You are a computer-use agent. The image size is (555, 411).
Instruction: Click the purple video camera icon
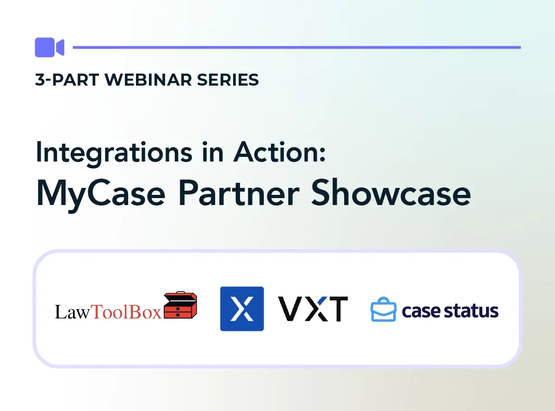pos(49,47)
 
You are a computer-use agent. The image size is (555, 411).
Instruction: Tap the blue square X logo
pos(242,309)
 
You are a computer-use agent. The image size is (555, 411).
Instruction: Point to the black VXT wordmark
pos(313,309)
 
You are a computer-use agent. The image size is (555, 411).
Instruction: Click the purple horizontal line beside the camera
pos(296,47)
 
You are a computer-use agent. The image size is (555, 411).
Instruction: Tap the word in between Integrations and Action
pos(215,152)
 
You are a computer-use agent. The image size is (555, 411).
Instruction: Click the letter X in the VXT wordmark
pos(313,309)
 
